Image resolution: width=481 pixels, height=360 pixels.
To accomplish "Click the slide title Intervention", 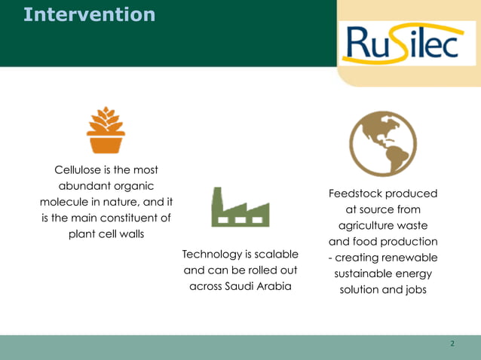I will coord(89,14).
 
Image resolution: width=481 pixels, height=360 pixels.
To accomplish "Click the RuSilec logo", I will coord(400,43).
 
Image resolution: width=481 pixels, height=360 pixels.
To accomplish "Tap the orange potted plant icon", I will coord(106,130).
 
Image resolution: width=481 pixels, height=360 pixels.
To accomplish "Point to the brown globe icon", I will coord(382,143).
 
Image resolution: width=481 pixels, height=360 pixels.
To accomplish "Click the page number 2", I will coord(452,343).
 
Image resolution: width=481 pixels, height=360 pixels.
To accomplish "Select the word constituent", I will coord(122,218).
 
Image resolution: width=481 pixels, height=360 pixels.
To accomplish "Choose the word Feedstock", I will coord(356,194).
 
